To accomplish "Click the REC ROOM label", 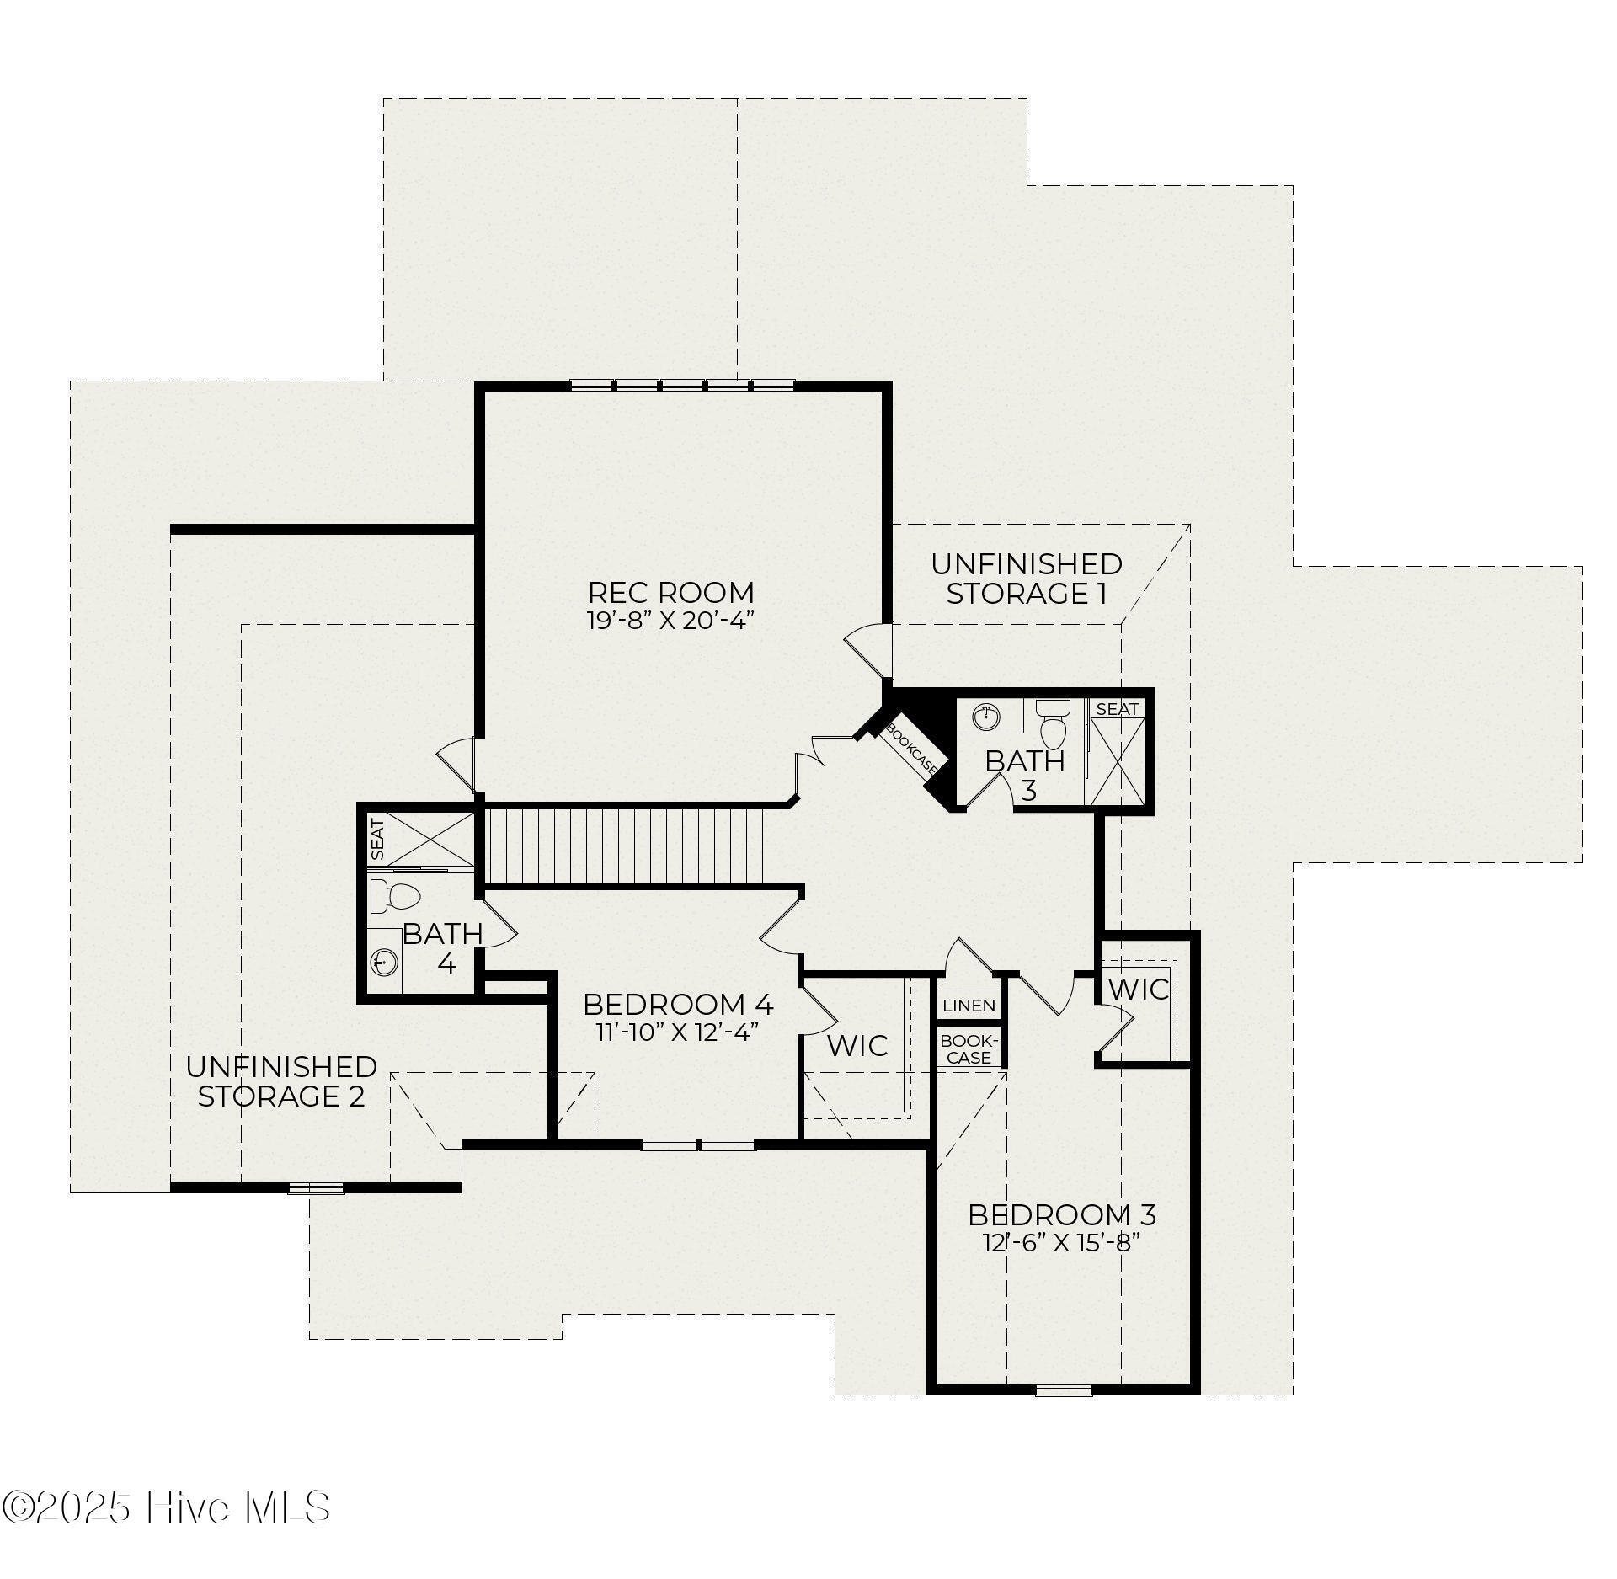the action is click(670, 592).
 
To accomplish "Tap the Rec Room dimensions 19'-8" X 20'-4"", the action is click(670, 621).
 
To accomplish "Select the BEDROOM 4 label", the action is click(678, 1004).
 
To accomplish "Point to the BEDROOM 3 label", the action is click(1061, 1214).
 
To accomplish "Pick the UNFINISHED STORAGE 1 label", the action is click(1027, 578).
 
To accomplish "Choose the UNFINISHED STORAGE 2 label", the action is click(281, 1081).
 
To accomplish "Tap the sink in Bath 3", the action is click(985, 717).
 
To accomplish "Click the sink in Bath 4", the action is click(384, 962).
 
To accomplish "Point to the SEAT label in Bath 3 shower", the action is click(1118, 709).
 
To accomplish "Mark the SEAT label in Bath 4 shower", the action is click(378, 839).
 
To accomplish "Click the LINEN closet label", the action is click(969, 1006).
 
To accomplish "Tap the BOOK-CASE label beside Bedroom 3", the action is click(969, 1049).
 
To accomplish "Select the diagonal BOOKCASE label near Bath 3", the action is click(912, 746).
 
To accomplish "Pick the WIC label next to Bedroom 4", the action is click(857, 1045).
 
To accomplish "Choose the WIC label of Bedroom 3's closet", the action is click(1139, 989).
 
